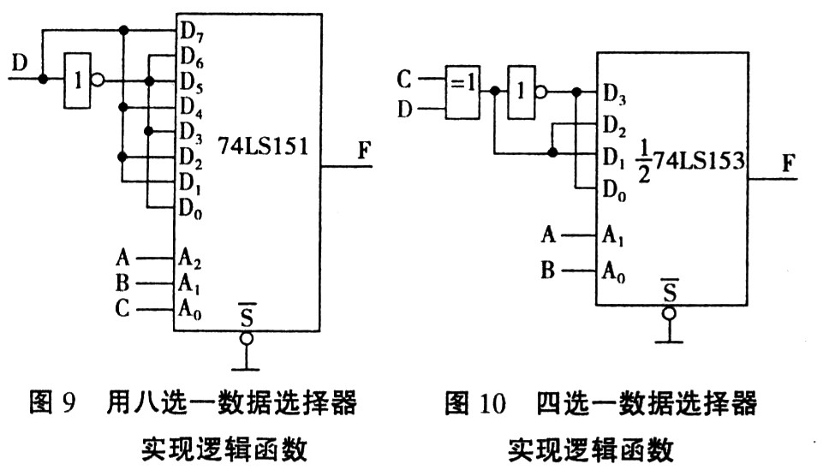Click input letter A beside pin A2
tap(123, 255)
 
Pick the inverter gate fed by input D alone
tap(78, 80)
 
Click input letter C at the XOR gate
tap(405, 81)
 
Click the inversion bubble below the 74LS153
tap(670, 314)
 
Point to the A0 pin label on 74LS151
tap(190, 309)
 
